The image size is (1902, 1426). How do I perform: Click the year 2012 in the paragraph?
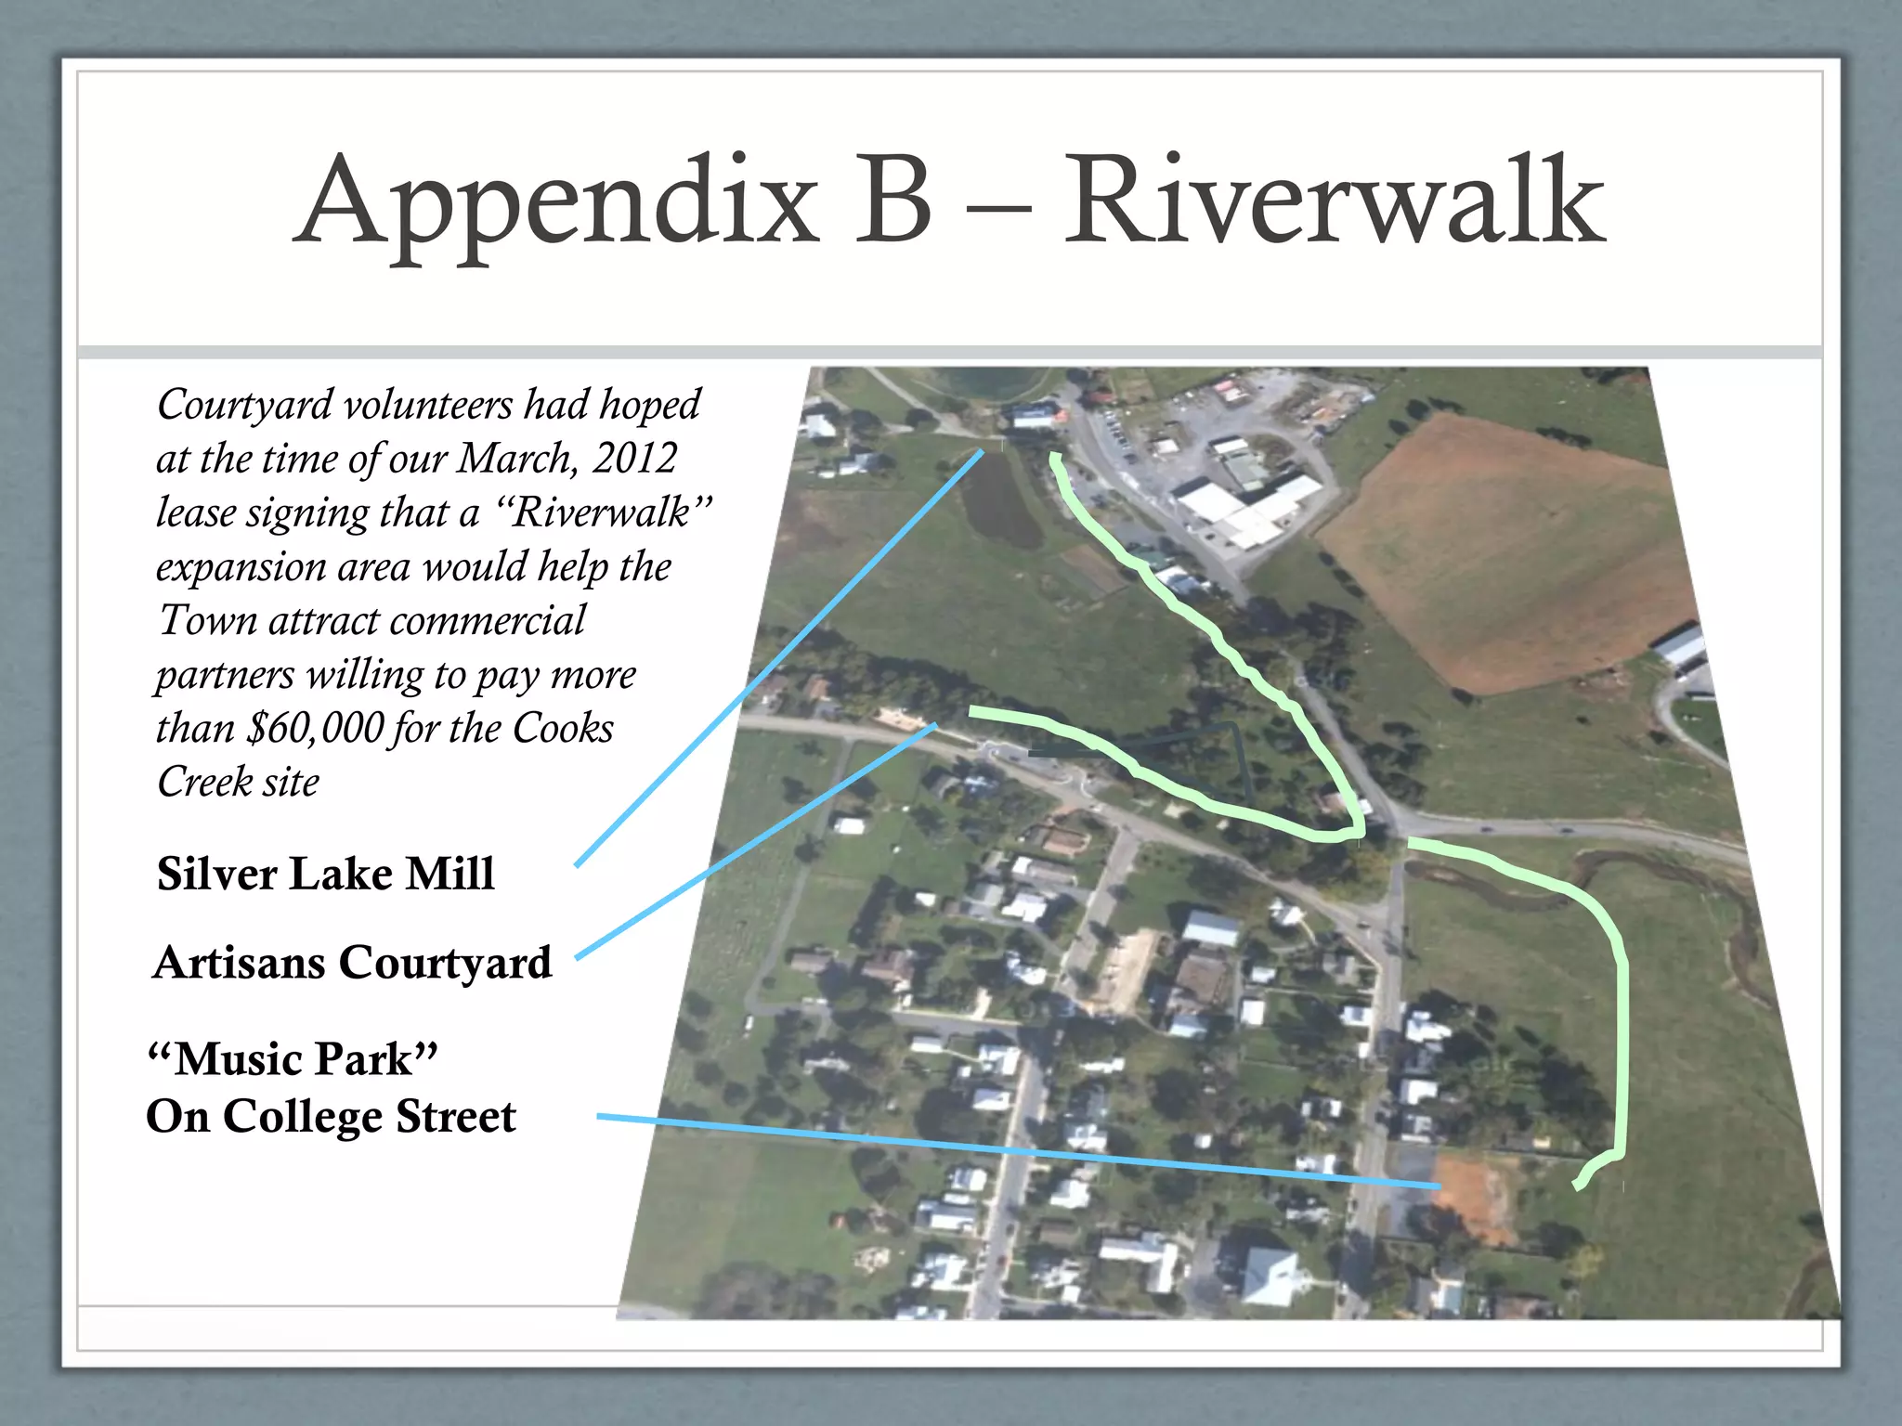[635, 458]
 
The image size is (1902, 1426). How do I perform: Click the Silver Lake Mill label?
[325, 874]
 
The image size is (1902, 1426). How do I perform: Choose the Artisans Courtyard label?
[353, 963]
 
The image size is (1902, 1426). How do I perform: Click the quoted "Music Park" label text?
[293, 1058]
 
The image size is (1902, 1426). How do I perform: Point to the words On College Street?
[331, 1116]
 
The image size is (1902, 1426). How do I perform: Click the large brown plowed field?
[1495, 548]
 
